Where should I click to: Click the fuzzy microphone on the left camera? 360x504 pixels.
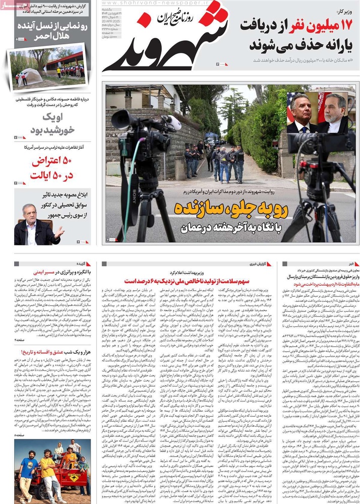(x=171, y=122)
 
